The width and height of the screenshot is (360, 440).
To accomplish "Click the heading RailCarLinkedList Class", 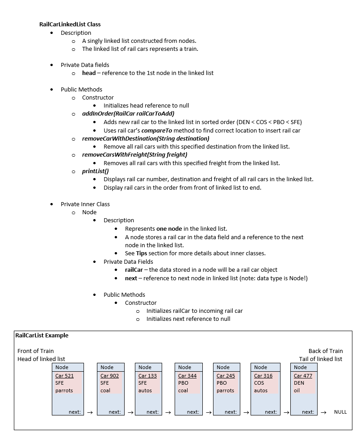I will coord(70,25).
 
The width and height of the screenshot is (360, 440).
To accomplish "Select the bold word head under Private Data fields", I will coord(88,73).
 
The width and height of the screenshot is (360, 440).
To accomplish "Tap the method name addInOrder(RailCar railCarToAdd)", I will coord(128,114).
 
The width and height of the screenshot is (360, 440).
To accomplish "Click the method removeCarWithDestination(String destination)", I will coord(145,138).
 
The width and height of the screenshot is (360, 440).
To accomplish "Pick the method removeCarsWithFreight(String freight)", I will coord(134,154).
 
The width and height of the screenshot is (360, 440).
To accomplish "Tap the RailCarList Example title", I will coord(42,335).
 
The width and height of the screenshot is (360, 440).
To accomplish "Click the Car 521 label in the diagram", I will coord(64,376).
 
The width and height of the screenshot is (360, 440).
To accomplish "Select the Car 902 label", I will coord(109,376).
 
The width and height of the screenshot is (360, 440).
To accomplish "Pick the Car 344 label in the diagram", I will coord(187,376).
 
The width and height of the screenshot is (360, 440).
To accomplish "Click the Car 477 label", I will coord(303,376).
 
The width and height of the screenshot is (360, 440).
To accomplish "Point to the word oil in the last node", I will coord(297,390).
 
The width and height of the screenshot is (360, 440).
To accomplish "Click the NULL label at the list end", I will coord(340,412).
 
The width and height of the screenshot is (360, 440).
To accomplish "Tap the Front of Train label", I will coord(36,351).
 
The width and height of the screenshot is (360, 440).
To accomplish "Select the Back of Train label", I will coord(326,351).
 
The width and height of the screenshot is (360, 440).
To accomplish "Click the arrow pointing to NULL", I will coord(324,412).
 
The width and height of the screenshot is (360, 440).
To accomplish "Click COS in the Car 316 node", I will coord(259,383).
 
